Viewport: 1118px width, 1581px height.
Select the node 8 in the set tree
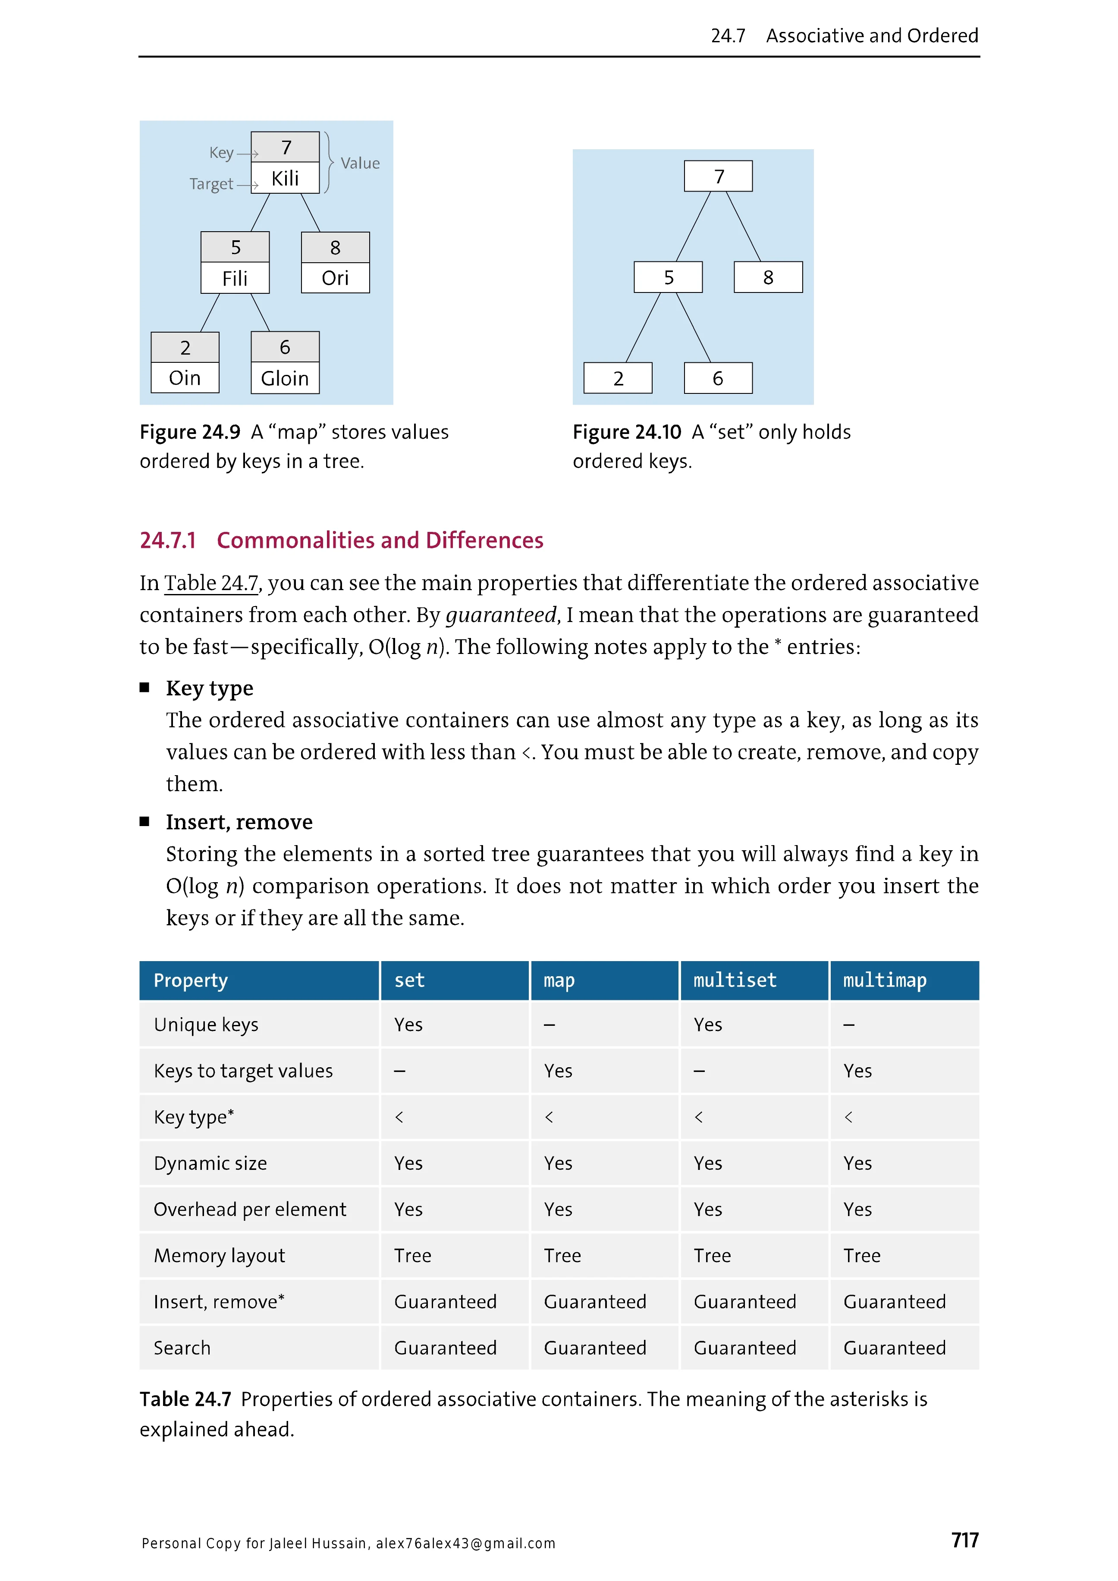768,277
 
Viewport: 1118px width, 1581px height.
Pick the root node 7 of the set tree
718,176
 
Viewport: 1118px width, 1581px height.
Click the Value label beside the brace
360,163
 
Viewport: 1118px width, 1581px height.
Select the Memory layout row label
219,1255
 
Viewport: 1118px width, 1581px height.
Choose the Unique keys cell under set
408,1025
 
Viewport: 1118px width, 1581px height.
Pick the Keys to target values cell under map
558,1071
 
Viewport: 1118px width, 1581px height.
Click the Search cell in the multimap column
894,1348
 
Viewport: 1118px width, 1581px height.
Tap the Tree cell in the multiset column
712,1255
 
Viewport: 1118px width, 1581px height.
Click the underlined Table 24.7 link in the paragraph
210,583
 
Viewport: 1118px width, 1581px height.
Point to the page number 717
964,1540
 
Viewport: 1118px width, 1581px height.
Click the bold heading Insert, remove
239,822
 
